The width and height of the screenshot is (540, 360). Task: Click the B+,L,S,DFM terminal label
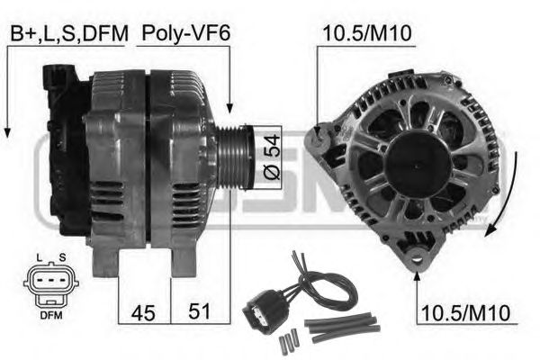pyautogui.click(x=69, y=33)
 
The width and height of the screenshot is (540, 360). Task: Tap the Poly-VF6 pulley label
pyautogui.click(x=185, y=33)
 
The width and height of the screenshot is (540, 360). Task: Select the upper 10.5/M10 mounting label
pyautogui.click(x=367, y=33)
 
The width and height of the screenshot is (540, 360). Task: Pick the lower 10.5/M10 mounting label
pyautogui.click(x=465, y=312)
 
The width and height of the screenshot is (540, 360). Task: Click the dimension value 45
pyautogui.click(x=143, y=313)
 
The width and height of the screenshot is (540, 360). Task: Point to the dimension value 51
pyautogui.click(x=199, y=311)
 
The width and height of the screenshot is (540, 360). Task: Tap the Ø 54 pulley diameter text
pyautogui.click(x=272, y=157)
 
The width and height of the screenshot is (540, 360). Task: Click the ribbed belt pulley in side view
pyautogui.click(x=234, y=157)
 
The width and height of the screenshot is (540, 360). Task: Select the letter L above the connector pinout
pyautogui.click(x=40, y=257)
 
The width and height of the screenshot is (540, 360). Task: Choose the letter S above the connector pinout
pyautogui.click(x=62, y=257)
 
